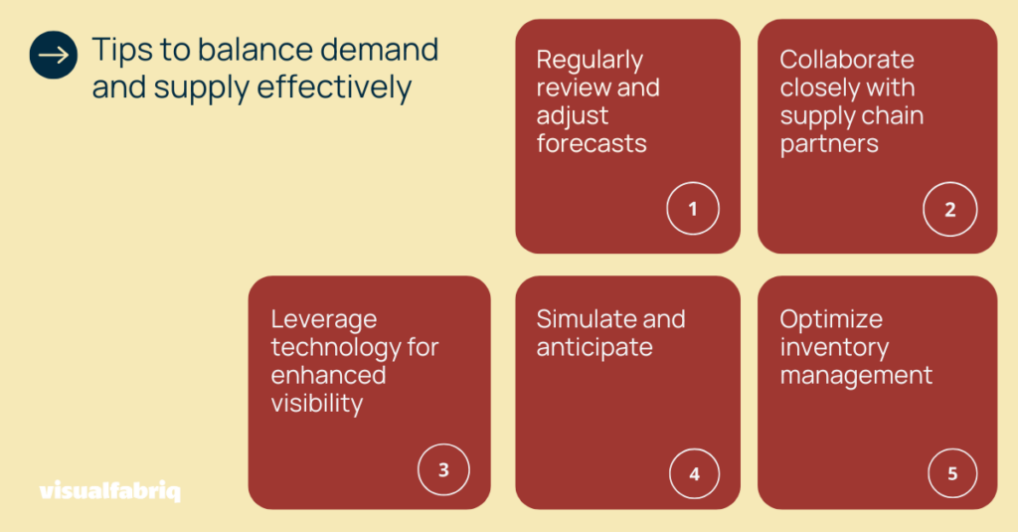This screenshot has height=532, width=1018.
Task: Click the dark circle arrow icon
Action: [x=54, y=56]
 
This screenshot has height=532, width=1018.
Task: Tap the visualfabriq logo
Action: [x=109, y=490]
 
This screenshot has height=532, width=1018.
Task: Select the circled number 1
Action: [x=693, y=209]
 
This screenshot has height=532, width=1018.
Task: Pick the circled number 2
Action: [x=949, y=209]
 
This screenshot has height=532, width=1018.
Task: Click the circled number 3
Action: [x=443, y=469]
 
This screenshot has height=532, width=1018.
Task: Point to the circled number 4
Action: [x=694, y=473]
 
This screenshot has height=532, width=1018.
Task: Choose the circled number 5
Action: [x=952, y=473]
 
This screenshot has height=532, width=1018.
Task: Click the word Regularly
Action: [x=590, y=61]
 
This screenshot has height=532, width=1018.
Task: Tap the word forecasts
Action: [x=592, y=143]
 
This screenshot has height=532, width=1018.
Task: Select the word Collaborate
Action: [x=847, y=59]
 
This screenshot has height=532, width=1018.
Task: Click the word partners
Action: [x=829, y=144]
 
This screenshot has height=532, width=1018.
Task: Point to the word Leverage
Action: [x=324, y=320]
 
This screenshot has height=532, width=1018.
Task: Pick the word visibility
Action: [x=317, y=404]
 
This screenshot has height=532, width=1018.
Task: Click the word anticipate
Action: [x=594, y=347]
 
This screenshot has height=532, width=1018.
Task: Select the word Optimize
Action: [x=831, y=319]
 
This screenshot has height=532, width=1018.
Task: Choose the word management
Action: [x=856, y=376]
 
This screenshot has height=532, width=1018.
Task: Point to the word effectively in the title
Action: [x=334, y=88]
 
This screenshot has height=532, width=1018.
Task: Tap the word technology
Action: [x=336, y=348]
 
